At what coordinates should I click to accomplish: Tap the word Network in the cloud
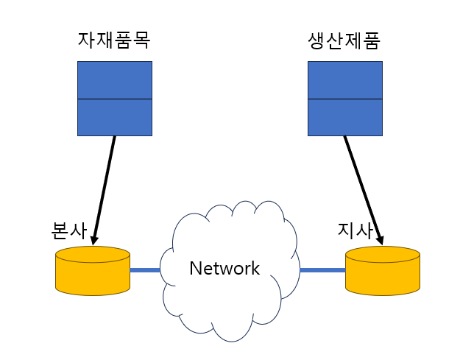pyautogui.click(x=224, y=268)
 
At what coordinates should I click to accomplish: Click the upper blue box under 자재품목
pyautogui.click(x=115, y=80)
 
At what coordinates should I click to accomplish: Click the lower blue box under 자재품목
pyautogui.click(x=115, y=117)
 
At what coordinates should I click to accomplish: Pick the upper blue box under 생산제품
pyautogui.click(x=344, y=80)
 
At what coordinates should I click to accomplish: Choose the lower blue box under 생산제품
pyautogui.click(x=344, y=117)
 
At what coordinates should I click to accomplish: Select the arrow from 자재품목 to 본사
pyautogui.click(x=105, y=188)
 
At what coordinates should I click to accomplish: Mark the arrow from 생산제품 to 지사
pyautogui.click(x=362, y=188)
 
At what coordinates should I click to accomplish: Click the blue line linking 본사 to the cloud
pyautogui.click(x=146, y=270)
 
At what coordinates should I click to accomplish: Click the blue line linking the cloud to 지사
pyautogui.click(x=322, y=270)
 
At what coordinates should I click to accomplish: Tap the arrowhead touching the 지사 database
pyautogui.click(x=381, y=237)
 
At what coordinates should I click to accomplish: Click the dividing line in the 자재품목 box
pyautogui.click(x=115, y=99)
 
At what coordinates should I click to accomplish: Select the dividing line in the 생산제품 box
pyautogui.click(x=344, y=99)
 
